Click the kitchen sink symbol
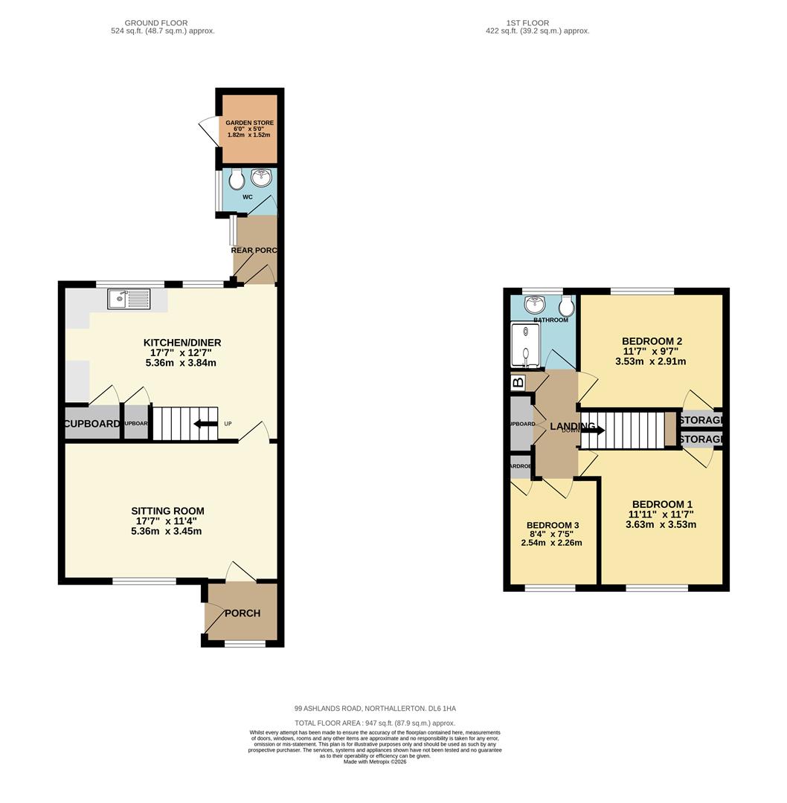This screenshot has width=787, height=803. coord(129,299)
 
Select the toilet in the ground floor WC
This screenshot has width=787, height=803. coord(236,179)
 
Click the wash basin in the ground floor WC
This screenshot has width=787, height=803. coord(261,178)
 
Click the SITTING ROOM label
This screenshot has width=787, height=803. coord(167,511)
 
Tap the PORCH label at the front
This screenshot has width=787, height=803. coord(242,613)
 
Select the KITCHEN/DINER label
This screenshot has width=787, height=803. coord(182,343)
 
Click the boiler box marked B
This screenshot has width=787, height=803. coord(518,383)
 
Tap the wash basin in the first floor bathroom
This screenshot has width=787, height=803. coord(534,305)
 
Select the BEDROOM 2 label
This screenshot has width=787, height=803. coord(652,341)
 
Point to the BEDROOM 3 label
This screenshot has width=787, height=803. coord(552,525)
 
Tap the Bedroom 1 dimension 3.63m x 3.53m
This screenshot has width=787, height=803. coord(661,524)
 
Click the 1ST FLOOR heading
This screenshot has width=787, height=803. coord(527,23)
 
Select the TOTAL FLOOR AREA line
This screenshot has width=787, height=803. coord(375,723)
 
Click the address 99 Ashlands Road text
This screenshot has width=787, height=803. coord(375,709)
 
